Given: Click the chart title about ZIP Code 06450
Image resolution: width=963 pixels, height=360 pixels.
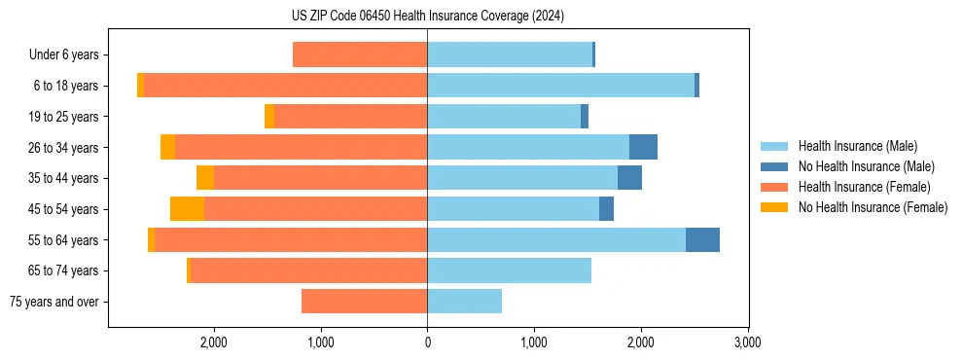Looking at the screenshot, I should click(427, 17).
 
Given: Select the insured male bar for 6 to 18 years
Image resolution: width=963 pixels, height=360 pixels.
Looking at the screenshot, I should click(560, 86).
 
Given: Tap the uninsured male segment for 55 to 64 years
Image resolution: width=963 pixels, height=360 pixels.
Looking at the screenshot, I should click(702, 239).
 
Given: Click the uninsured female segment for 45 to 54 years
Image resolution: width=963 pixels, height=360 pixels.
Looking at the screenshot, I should click(187, 209).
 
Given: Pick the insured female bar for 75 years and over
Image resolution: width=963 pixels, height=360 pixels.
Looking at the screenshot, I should click(364, 302).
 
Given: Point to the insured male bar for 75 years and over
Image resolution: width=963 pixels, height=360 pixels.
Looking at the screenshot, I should click(464, 302).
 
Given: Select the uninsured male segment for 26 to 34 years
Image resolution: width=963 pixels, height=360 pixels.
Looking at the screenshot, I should click(643, 147).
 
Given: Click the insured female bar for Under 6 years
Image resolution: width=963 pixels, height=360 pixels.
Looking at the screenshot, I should click(360, 54).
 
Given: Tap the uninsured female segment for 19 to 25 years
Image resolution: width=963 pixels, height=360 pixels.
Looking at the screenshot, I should click(269, 117).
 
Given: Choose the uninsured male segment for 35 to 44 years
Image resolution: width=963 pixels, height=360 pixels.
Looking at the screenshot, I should click(629, 178).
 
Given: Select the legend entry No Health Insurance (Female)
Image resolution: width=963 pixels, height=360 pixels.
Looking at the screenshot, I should click(873, 207).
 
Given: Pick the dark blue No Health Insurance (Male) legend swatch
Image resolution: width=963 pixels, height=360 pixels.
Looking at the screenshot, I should click(775, 167).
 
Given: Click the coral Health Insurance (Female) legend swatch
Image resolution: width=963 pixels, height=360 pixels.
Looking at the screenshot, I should click(775, 187).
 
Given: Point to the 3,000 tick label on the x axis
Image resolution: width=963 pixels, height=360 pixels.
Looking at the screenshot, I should click(747, 342).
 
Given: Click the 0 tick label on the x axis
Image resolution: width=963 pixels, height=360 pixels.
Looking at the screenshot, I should click(427, 342).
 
